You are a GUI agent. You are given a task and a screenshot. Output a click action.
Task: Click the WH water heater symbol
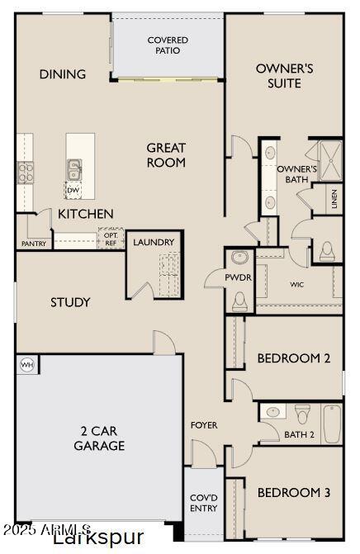click(26, 364)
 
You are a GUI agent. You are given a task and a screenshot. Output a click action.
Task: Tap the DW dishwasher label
click(73, 190)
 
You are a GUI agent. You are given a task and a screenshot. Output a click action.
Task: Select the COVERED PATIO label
click(168, 45)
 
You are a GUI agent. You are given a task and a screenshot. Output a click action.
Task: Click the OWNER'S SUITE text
click(284, 75)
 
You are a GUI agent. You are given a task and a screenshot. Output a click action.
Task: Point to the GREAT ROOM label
click(166, 155)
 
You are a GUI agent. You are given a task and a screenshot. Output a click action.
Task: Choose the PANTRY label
click(34, 244)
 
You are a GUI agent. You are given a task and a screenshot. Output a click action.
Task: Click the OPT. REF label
click(111, 238)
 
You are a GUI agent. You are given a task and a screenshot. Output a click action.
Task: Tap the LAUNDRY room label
click(154, 242)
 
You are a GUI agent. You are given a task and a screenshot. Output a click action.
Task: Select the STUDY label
click(70, 302)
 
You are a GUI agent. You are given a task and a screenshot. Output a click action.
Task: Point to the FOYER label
click(204, 425)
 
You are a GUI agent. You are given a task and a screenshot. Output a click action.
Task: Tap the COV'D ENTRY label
click(203, 502)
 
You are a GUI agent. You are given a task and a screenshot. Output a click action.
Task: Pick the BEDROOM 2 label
click(294, 358)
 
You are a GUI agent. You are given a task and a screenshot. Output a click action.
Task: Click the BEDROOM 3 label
click(294, 493)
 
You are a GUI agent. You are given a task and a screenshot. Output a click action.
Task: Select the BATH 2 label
click(300, 434)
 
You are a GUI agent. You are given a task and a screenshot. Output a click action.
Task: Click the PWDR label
click(239, 278)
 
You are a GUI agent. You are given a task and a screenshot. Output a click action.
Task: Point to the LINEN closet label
click(334, 200)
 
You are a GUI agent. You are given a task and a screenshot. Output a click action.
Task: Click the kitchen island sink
click(74, 169)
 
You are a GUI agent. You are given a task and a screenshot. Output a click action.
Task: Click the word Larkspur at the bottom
click(97, 539)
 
